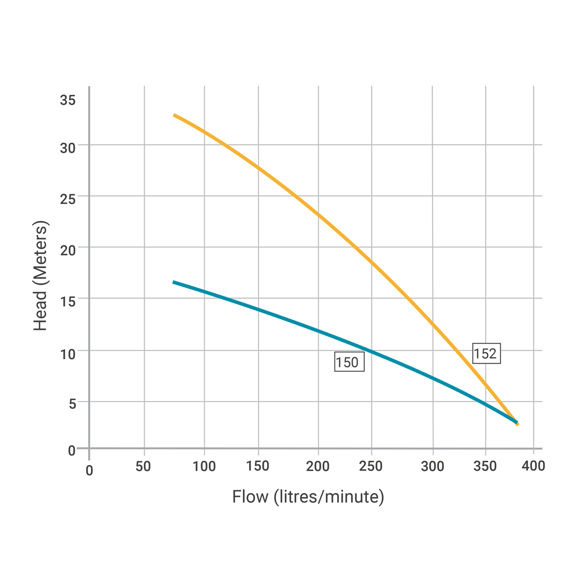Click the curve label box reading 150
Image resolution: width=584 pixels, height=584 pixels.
pyautogui.click(x=349, y=362)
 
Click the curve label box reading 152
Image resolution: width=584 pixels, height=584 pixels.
pyautogui.click(x=486, y=353)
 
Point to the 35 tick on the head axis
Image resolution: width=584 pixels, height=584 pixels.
pyautogui.click(x=68, y=101)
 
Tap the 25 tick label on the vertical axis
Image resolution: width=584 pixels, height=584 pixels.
pyautogui.click(x=68, y=199)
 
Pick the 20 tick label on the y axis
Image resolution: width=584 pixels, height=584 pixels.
pyautogui.click(x=68, y=250)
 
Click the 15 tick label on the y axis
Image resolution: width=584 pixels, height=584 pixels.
pyautogui.click(x=68, y=301)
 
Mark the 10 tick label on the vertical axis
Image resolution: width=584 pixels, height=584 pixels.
pyautogui.click(x=68, y=353)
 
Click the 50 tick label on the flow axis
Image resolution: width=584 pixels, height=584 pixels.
pyautogui.click(x=143, y=466)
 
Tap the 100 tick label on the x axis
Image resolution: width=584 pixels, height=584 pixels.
pyautogui.click(x=204, y=466)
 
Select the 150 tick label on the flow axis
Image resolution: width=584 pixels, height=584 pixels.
pyautogui.click(x=258, y=466)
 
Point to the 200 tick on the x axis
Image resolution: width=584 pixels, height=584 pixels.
pyautogui.click(x=318, y=466)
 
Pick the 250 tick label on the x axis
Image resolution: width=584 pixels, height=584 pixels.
pyautogui.click(x=371, y=466)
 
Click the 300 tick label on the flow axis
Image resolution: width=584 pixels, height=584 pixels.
pyautogui.click(x=433, y=466)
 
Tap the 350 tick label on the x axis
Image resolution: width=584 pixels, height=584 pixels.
pyautogui.click(x=485, y=466)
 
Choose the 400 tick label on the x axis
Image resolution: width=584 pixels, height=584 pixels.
pyautogui.click(x=533, y=466)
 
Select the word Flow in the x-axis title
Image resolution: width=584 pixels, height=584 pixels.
pyautogui.click(x=250, y=497)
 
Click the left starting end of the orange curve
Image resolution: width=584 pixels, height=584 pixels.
pyautogui.click(x=174, y=115)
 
